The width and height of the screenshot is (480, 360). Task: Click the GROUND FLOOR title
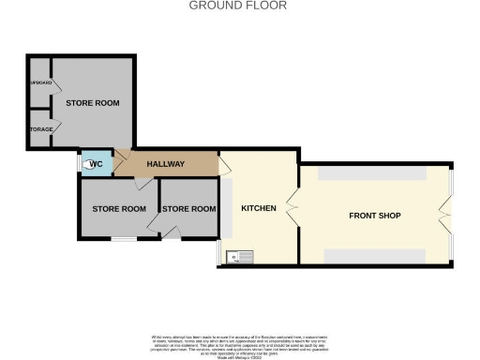(x=238, y=6)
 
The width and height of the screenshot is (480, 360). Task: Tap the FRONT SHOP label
(x=374, y=216)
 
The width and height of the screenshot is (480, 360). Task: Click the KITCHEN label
(x=258, y=208)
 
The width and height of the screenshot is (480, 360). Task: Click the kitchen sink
(x=242, y=254)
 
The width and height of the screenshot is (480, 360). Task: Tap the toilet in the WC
(x=89, y=165)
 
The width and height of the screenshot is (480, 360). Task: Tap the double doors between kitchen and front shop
(x=293, y=208)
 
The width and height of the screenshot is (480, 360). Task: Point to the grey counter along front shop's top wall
(x=371, y=174)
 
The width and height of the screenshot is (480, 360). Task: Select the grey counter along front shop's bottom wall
(x=371, y=255)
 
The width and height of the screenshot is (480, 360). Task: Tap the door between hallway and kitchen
(x=224, y=165)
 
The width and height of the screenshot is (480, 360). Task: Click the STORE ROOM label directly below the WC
(x=118, y=208)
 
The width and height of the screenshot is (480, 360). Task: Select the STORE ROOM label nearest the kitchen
(x=189, y=208)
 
